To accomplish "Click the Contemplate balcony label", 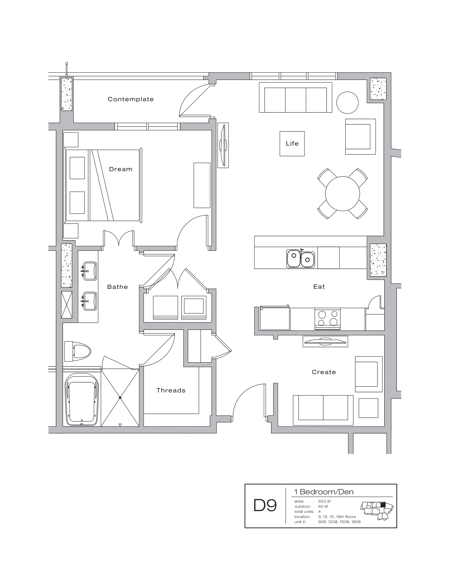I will pyautogui.click(x=130, y=99).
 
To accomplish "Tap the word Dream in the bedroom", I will pyautogui.click(x=120, y=169).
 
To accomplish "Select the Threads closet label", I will pyautogui.click(x=171, y=390).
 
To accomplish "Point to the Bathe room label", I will pyautogui.click(x=118, y=287).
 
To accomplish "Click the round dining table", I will pyautogui.click(x=342, y=193).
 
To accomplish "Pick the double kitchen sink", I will pyautogui.click(x=300, y=258).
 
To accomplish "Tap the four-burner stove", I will pyautogui.click(x=327, y=319).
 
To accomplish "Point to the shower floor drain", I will pyautogui.click(x=120, y=398).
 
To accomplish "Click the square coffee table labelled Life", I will pyautogui.click(x=292, y=144).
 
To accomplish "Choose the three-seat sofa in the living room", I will pyautogui.click(x=295, y=98).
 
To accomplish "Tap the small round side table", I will pyautogui.click(x=347, y=103).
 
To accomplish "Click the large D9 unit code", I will pyautogui.click(x=265, y=505).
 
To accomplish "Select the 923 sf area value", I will pyautogui.click(x=324, y=501).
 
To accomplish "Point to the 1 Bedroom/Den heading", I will pyautogui.click(x=324, y=492).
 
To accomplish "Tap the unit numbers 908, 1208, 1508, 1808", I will pyautogui.click(x=339, y=522).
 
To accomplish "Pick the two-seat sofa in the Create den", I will pyautogui.click(x=323, y=410).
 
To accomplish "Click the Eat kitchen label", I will pyautogui.click(x=319, y=287).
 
